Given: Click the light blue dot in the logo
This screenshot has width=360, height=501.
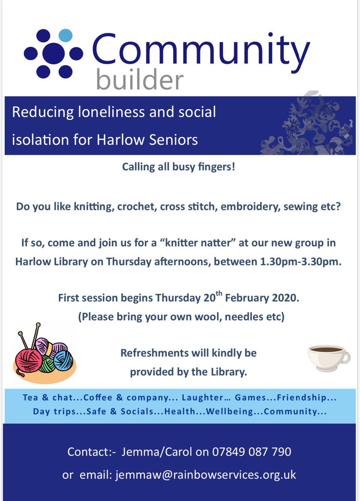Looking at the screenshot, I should click(65, 35).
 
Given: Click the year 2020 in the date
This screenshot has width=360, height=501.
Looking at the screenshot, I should click(287, 298).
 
